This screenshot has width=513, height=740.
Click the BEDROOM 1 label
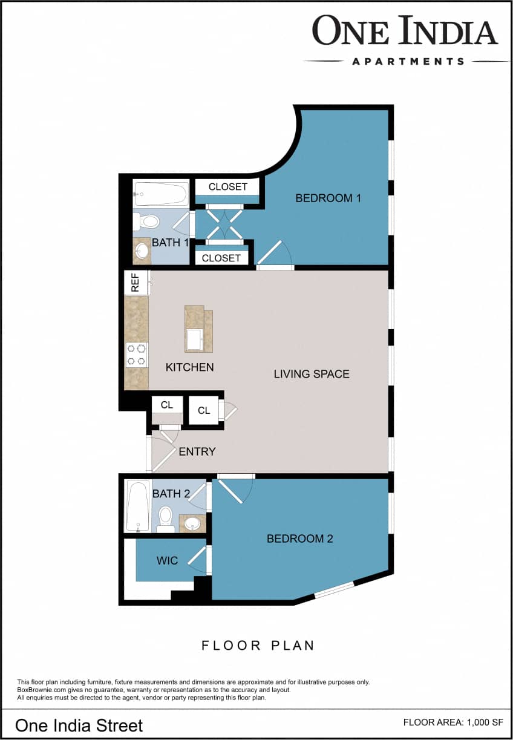click(x=328, y=198)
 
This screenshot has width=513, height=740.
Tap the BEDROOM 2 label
click(x=299, y=539)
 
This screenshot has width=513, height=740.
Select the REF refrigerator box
click(x=136, y=283)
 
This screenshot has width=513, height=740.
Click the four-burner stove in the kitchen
click(x=136, y=355)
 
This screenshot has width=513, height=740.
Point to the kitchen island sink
click(x=194, y=339)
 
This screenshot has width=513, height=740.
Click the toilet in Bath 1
click(x=146, y=221)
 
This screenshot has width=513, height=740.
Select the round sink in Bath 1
click(x=142, y=251)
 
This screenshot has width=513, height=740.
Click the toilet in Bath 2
click(x=165, y=520)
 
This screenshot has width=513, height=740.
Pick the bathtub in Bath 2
click(x=138, y=506)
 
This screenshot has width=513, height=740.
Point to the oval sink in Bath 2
click(x=192, y=523)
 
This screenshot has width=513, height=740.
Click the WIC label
click(x=167, y=561)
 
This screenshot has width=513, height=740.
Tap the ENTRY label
click(x=197, y=451)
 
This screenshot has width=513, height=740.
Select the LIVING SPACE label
click(x=312, y=374)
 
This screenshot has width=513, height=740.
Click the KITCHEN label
click(x=189, y=367)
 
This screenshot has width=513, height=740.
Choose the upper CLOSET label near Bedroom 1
click(x=227, y=187)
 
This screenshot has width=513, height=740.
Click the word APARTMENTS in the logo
click(x=408, y=61)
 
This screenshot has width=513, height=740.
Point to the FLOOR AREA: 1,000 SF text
click(x=453, y=722)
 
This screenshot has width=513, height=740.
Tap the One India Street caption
click(x=79, y=725)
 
